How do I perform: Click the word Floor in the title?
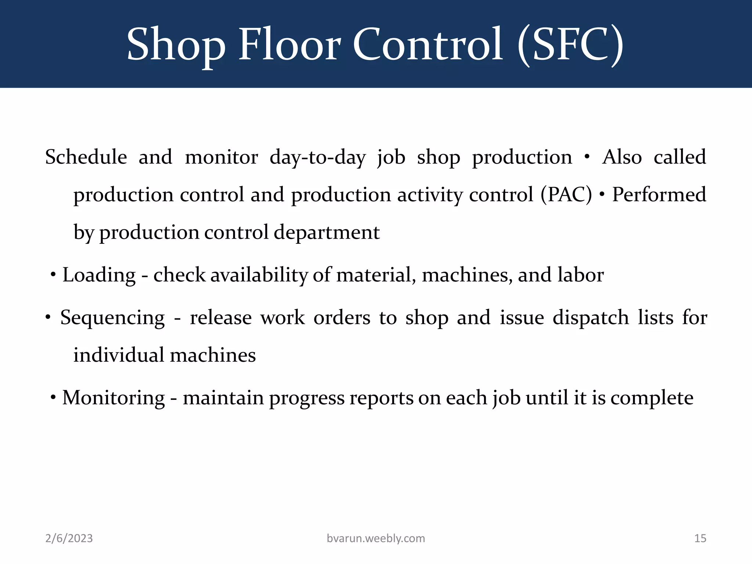coord(290,45)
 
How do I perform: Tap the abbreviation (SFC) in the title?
coord(570,45)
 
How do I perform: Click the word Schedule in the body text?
coord(86,157)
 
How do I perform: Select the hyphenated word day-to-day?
coord(318,157)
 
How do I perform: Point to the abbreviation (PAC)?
coord(566,194)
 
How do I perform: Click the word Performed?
coord(659,194)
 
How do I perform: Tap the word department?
coord(326,232)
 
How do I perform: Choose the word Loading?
coord(99,275)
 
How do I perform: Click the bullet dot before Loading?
coord(54,274)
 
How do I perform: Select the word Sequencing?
coord(112,318)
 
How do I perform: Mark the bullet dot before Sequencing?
coord(48,317)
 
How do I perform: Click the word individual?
coord(119,355)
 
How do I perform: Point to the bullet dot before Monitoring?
coord(54,397)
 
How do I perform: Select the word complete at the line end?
coord(652,398)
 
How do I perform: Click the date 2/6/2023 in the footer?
coord(69,538)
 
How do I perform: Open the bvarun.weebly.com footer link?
coord(376,538)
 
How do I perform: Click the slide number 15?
coord(700,538)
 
